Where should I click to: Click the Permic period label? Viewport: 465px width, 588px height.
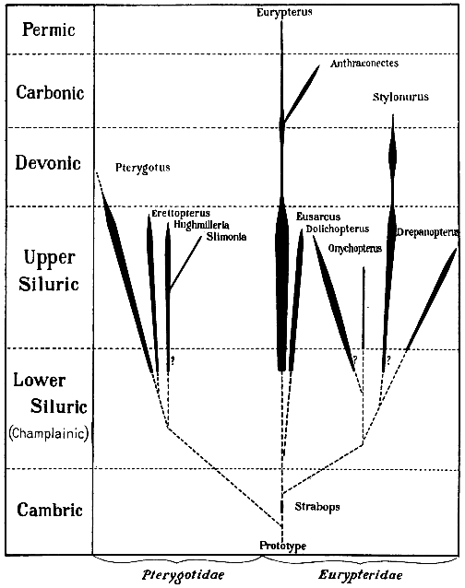coord(48,30)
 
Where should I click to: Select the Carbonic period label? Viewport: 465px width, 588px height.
coord(50,92)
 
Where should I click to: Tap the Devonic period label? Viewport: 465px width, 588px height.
coord(48,163)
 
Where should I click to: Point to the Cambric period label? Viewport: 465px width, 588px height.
coord(50,510)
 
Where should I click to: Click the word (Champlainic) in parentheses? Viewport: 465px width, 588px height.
coord(49,433)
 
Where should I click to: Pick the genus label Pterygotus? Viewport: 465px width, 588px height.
coord(143,167)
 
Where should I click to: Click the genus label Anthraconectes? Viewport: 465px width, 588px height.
coord(364,64)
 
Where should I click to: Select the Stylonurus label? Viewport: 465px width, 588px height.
coord(400,97)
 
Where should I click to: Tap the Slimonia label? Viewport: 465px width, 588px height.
coord(226,237)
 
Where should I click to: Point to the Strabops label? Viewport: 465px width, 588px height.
coord(317,507)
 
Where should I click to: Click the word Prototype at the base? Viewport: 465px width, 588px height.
coord(282,546)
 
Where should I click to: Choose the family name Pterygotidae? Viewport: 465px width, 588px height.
coord(183,575)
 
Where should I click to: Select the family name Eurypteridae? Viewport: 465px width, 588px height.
coord(361,575)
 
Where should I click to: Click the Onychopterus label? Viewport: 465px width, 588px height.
coord(354,248)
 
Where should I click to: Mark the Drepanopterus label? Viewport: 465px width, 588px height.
coord(428,232)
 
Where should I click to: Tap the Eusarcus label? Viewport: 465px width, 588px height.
coord(318,217)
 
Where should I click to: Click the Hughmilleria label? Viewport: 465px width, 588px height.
coord(201,225)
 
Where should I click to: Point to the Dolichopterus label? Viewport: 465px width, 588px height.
coord(338,229)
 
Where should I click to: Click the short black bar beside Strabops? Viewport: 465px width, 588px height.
coord(282,506)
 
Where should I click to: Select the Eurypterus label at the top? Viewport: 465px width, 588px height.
coord(284,12)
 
